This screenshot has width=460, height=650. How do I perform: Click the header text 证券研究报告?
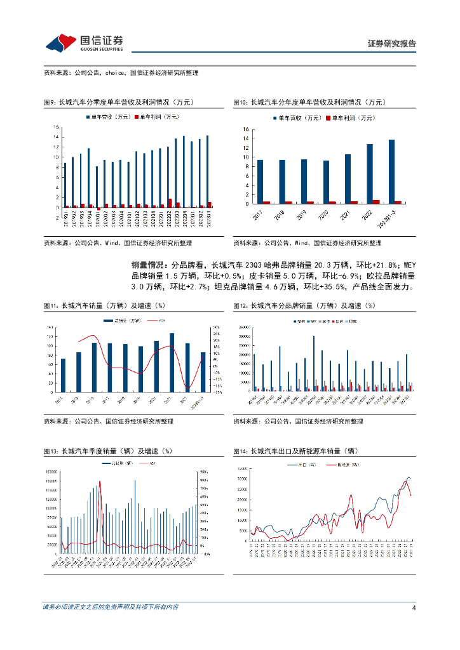(x=392, y=44)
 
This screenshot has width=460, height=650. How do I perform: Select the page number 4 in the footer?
(x=414, y=607)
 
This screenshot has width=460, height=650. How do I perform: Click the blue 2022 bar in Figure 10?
(x=370, y=174)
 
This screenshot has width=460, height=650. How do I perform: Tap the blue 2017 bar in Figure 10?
(x=260, y=182)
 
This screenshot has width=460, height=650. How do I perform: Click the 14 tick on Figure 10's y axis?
(x=245, y=129)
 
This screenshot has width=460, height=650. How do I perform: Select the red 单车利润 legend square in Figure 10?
(x=328, y=118)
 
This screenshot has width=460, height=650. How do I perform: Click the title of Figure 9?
(x=118, y=102)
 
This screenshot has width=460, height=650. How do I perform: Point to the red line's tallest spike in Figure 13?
(x=100, y=482)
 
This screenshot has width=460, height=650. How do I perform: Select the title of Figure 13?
(x=107, y=451)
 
